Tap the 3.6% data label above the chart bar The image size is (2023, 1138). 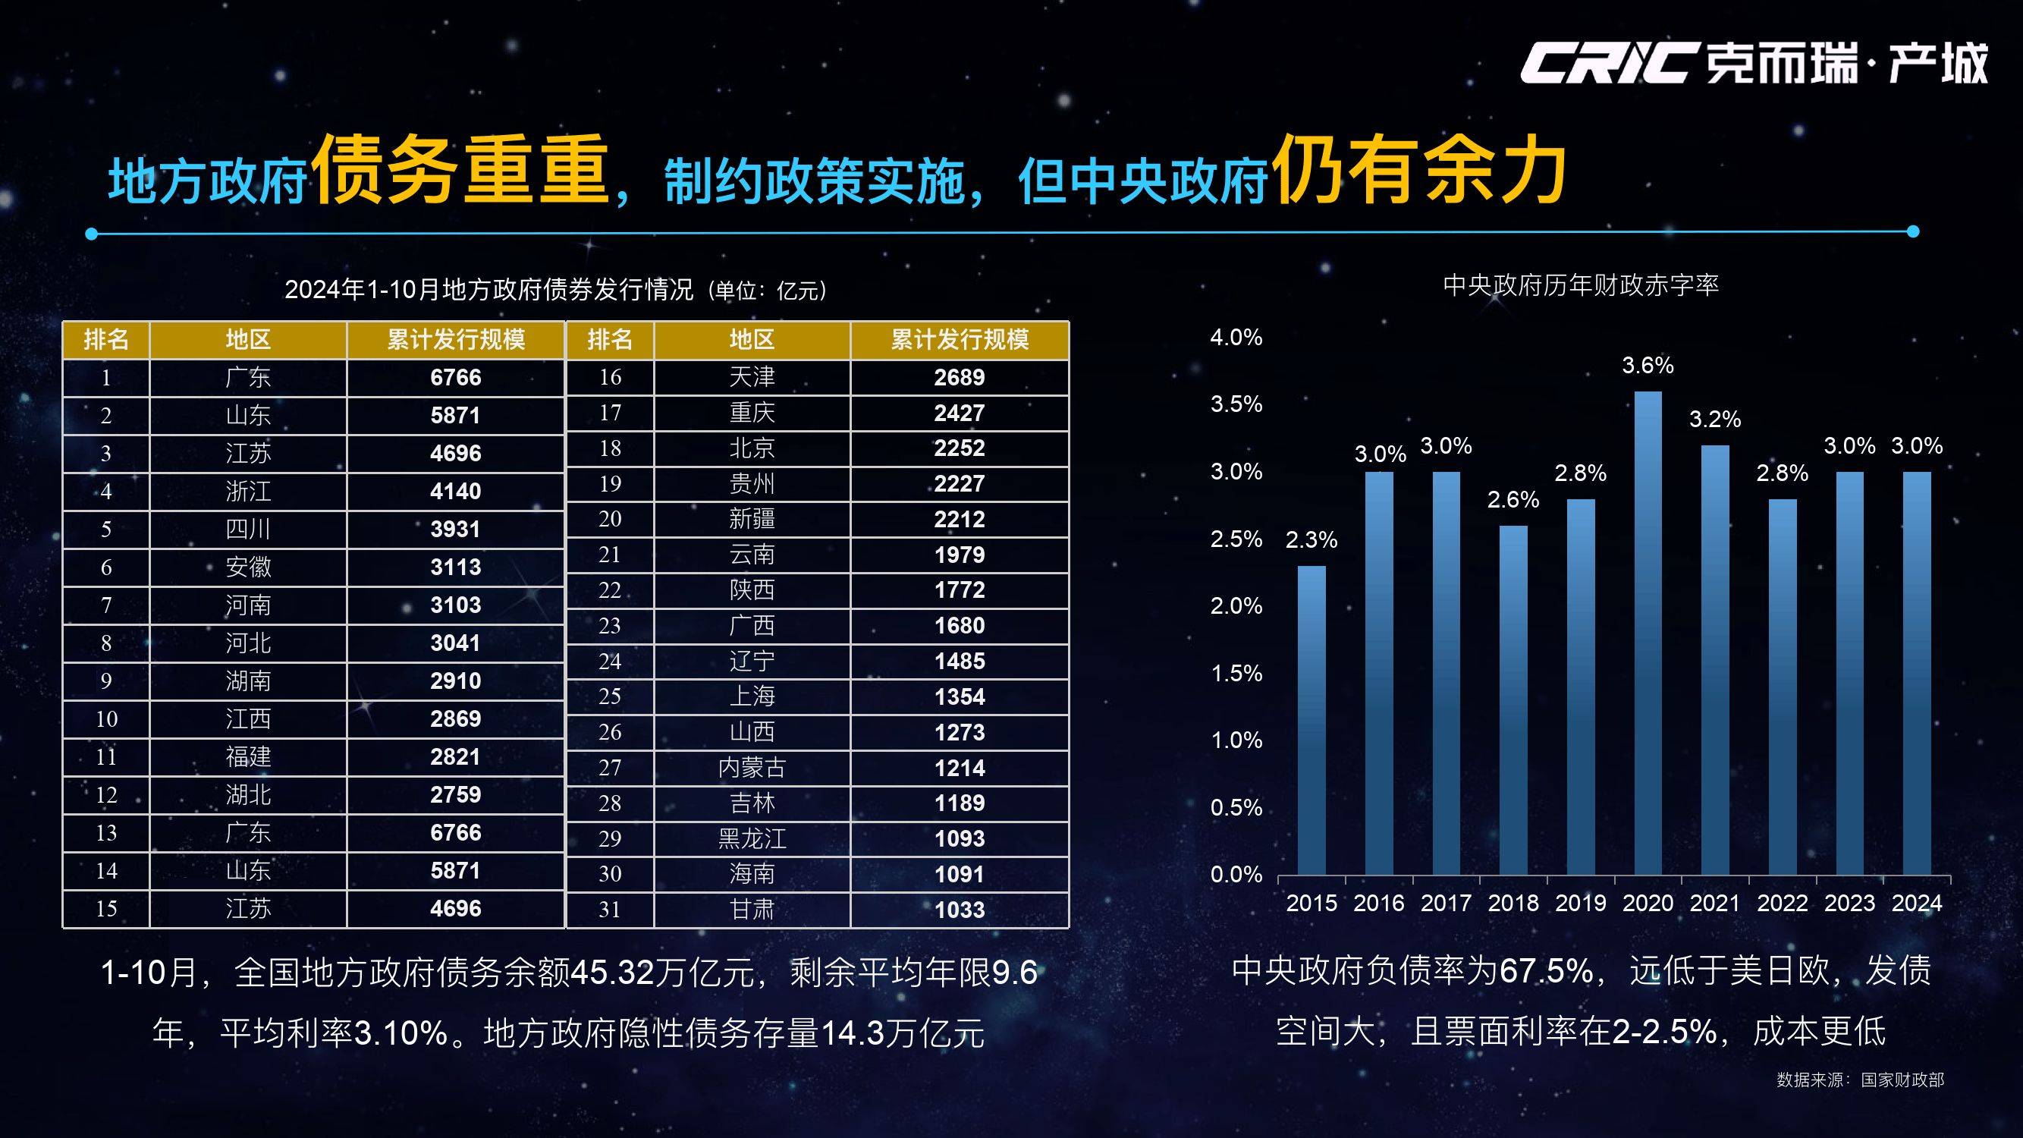(x=1648, y=365)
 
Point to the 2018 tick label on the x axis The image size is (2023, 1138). (x=1513, y=903)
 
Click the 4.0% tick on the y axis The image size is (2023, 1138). (x=1236, y=338)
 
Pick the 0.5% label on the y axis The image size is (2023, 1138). (x=1236, y=807)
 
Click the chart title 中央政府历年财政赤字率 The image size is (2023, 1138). (x=1580, y=285)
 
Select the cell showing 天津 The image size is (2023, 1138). (x=752, y=377)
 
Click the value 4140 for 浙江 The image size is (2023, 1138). (x=455, y=492)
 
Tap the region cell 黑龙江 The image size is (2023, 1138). (x=752, y=839)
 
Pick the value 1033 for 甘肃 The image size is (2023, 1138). (x=959, y=910)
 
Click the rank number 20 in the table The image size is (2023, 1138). (x=609, y=519)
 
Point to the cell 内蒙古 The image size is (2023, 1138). (x=752, y=767)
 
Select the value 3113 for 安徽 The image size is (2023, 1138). (x=455, y=567)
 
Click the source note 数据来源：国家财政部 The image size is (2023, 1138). (x=1860, y=1080)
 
